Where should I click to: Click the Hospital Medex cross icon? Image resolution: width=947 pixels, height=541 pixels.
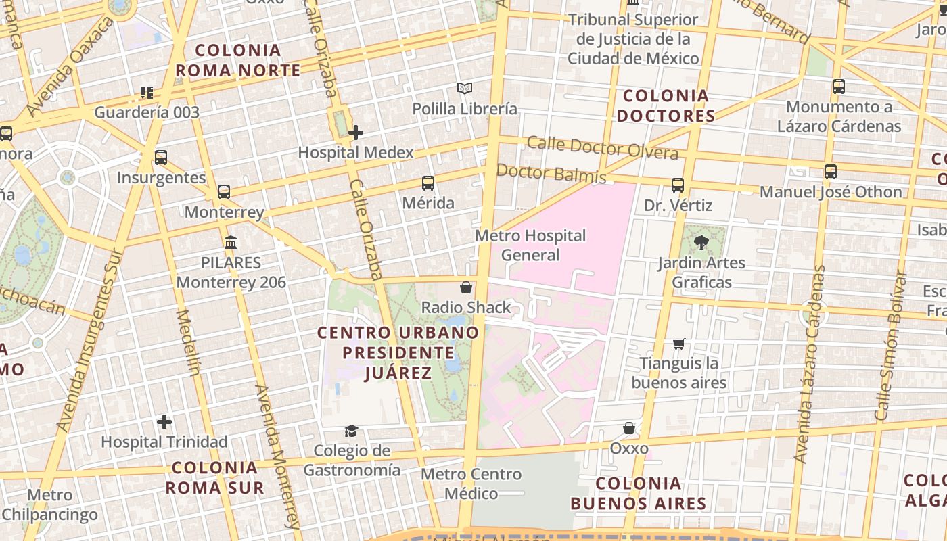[356, 133]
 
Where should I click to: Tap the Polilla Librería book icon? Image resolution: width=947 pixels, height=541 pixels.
[464, 89]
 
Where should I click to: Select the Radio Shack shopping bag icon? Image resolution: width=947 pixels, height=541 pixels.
[466, 287]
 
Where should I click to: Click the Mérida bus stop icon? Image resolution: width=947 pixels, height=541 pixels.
[428, 183]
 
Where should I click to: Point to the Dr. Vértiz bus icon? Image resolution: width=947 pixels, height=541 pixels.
[678, 185]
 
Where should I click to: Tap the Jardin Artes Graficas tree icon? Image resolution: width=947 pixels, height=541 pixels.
[701, 242]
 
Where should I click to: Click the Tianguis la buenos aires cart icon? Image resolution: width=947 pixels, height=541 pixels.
[679, 344]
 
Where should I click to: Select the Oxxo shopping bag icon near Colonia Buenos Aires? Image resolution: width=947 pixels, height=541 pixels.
[629, 428]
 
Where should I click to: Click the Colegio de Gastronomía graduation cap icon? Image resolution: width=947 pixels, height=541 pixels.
[351, 431]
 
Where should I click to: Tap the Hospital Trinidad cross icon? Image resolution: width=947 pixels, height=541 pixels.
[164, 423]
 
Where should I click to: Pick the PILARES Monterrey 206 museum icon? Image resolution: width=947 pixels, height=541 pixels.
[231, 242]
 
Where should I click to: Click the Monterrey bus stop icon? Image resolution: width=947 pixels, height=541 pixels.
[224, 192]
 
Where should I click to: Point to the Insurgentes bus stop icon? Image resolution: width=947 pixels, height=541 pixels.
[161, 158]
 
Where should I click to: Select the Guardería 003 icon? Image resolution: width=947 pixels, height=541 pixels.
[147, 93]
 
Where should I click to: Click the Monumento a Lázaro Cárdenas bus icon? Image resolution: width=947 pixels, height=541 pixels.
[839, 87]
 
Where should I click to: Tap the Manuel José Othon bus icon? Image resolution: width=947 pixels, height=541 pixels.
[831, 172]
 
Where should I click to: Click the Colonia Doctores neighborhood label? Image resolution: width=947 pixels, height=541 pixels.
[666, 105]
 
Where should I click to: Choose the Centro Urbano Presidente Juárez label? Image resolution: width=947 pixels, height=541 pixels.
[398, 352]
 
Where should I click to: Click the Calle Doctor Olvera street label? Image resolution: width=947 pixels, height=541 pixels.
[602, 148]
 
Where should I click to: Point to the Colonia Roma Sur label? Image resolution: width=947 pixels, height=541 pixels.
[214, 477]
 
